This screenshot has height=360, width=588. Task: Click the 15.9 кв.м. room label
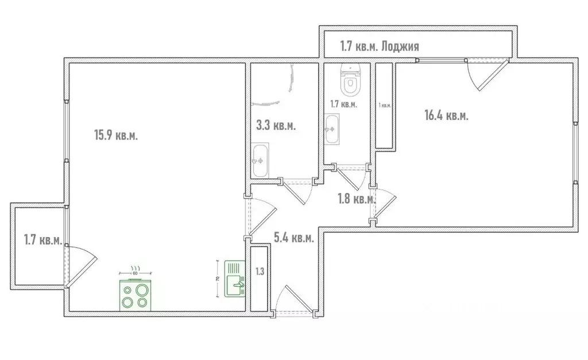click(x=116, y=136)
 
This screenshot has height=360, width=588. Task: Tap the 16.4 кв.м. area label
click(x=446, y=115)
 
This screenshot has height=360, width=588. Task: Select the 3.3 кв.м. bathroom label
click(x=276, y=126)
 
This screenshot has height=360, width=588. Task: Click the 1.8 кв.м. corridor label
click(x=356, y=199)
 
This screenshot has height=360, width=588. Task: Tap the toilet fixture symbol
click(x=349, y=81)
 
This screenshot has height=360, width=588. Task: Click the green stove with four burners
click(x=136, y=295)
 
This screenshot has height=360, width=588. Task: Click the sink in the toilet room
click(x=331, y=129)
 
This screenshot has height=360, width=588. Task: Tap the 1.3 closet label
click(x=260, y=271)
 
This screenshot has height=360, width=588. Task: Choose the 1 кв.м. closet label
click(x=385, y=106)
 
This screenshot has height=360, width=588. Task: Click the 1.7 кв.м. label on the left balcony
click(x=42, y=240)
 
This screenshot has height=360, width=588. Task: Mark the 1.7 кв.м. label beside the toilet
click(x=343, y=104)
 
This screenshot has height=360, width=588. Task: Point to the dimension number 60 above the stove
click(x=136, y=273)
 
